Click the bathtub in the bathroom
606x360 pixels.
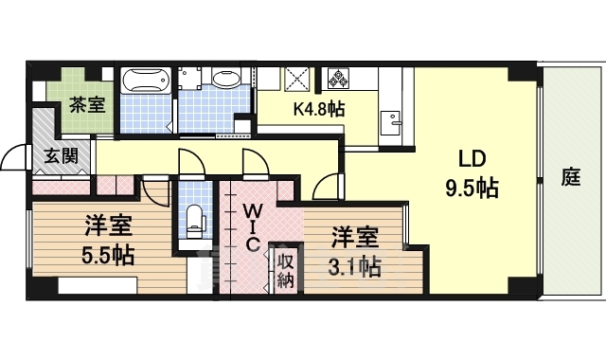click(x=146, y=81)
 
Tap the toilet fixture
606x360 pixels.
click(x=194, y=222)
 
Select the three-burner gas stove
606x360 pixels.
click(x=338, y=78)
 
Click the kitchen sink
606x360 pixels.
click(x=390, y=122)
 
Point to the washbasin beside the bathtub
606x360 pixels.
click(x=226, y=79)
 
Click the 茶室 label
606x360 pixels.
click(x=87, y=104)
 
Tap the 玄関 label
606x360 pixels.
click(x=61, y=155)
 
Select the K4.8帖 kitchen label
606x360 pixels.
click(x=319, y=110)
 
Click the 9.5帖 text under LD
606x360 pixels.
click(x=472, y=189)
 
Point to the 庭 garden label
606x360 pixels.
click(x=571, y=177)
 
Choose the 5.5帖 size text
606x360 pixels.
click(x=108, y=255)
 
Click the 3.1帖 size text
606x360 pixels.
click(x=355, y=267)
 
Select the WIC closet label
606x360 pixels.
click(x=252, y=227)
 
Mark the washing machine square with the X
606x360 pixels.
click(x=298, y=79)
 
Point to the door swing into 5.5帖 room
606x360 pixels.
click(x=156, y=191)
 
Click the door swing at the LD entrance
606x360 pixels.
click(x=327, y=187)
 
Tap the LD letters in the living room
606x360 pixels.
click(x=472, y=158)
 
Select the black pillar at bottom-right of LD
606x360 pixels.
click(x=522, y=286)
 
